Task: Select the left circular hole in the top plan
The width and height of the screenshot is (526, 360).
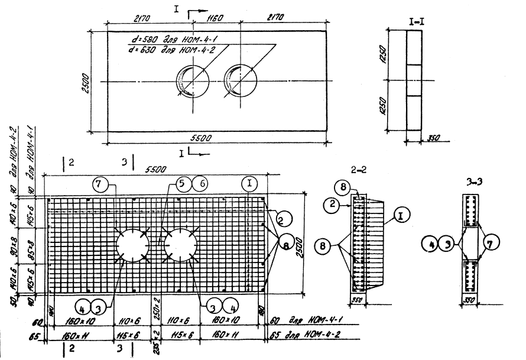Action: pos(191,81)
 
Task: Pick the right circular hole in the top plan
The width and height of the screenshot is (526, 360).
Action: pos(239,81)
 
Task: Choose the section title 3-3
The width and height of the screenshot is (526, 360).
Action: pos(472,184)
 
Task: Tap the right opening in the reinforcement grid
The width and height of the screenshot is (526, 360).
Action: pos(180,245)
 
